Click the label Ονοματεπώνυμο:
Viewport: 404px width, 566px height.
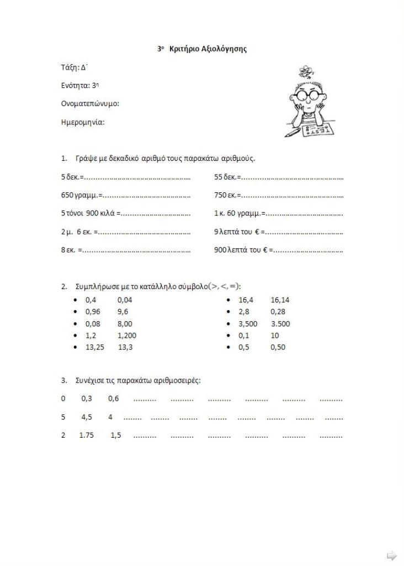pyautogui.click(x=90, y=103)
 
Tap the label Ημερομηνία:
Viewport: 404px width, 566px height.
pyautogui.click(x=83, y=122)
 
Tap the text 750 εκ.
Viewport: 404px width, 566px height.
pyautogui.click(x=226, y=195)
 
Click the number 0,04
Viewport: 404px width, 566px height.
pyautogui.click(x=125, y=300)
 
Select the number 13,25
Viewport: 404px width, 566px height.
pyautogui.click(x=94, y=348)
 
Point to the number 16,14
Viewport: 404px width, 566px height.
pyautogui.click(x=280, y=300)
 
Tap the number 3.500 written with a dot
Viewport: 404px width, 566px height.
pyautogui.click(x=280, y=324)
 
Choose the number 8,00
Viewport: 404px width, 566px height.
pyautogui.click(x=125, y=324)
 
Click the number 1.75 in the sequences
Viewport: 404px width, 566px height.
pyautogui.click(x=87, y=436)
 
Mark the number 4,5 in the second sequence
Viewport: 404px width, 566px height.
pyautogui.click(x=87, y=417)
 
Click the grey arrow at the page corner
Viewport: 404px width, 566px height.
pyautogui.click(x=391, y=555)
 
